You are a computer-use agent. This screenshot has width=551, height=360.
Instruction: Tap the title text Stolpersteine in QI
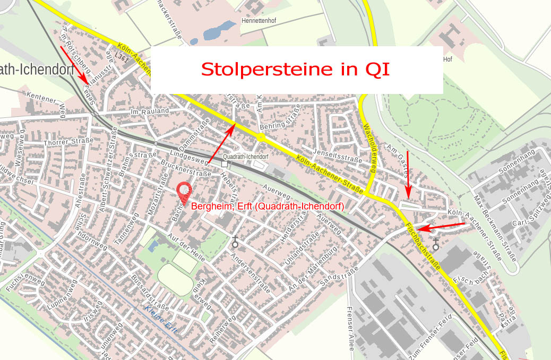coord(296,70)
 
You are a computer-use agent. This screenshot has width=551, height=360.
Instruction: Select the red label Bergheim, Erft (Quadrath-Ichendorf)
coord(268,206)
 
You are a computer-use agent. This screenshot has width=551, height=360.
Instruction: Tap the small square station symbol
coord(225,165)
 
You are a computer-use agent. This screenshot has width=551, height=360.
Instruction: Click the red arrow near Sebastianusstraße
coord(74,64)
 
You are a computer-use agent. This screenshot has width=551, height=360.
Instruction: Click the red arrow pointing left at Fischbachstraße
coord(441,227)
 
